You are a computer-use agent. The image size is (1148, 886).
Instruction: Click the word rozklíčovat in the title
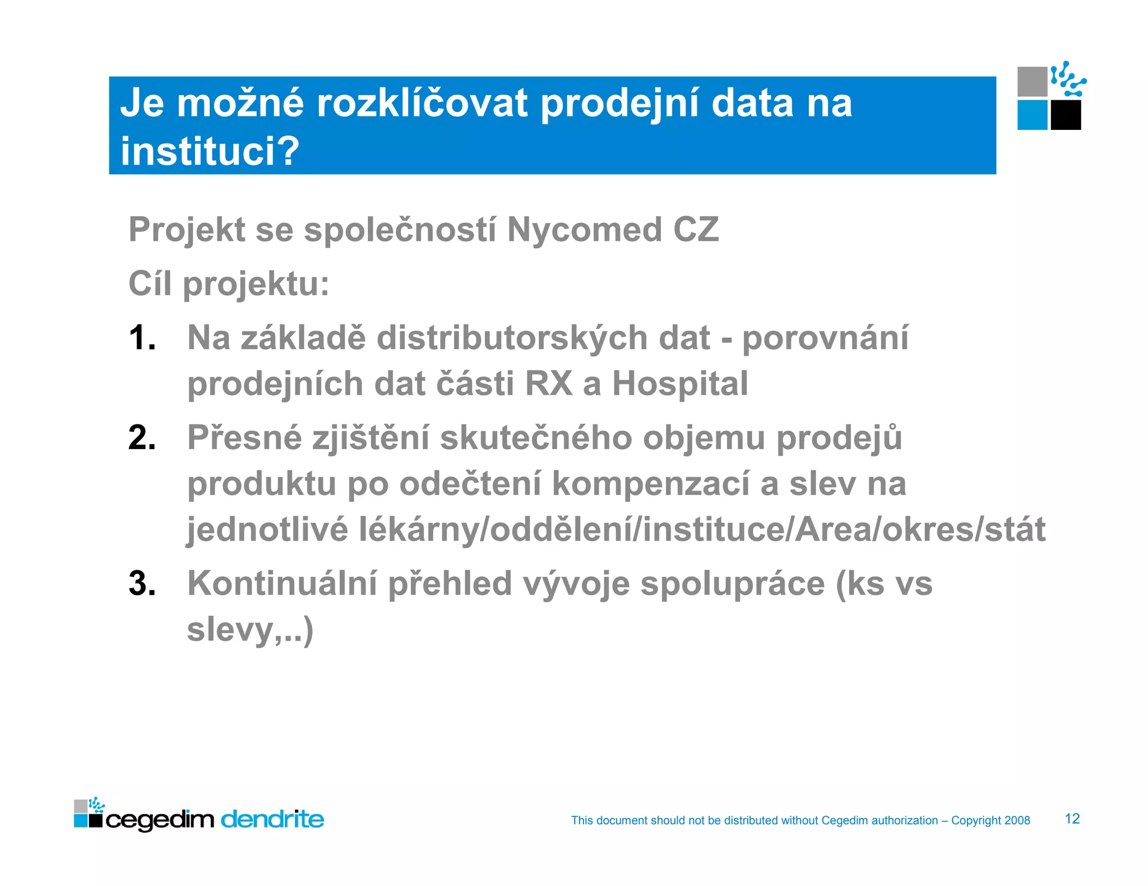coord(422,104)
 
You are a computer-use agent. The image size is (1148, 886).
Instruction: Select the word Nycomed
coord(584,230)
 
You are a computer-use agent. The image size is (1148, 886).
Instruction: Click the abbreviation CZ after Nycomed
coord(696,230)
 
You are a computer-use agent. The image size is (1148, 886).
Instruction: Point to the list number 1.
coord(142,339)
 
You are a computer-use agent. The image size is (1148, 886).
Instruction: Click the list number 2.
coord(142,438)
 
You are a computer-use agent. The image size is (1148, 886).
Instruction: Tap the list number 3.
coord(142,584)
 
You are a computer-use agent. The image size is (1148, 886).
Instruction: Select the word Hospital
coord(680,384)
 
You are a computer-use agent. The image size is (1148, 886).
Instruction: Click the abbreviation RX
coord(549,384)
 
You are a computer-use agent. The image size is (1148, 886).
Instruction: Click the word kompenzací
coord(651,484)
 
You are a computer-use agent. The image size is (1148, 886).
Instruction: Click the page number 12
coord(1072,819)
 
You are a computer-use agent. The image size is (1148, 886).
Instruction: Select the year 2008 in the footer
coord(1017,820)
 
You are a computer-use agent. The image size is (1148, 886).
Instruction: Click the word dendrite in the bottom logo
coord(272,820)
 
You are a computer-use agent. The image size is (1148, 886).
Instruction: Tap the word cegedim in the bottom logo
coord(160,821)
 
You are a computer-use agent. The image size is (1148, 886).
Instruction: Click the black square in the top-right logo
coord(1066,115)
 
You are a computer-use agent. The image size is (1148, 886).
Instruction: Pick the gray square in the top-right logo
coord(1032,82)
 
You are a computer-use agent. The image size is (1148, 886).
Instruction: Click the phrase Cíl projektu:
coord(229,284)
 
